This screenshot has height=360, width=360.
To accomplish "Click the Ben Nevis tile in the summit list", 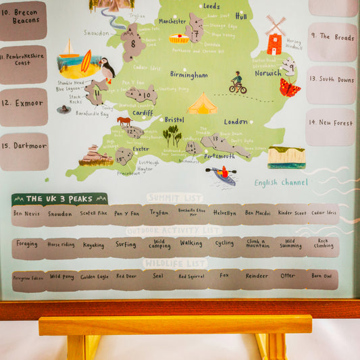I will [x=27, y=213].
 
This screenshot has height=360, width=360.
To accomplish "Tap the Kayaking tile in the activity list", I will [x=93, y=245].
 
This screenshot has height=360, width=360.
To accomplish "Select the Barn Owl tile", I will [x=322, y=276].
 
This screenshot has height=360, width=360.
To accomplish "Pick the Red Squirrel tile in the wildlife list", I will [x=192, y=276].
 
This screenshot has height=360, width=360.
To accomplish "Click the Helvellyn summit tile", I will [x=224, y=213].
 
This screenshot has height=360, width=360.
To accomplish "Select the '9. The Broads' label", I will [x=332, y=36].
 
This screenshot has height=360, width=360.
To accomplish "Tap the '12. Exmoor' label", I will [x=24, y=103].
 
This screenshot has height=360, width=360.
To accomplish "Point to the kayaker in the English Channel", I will [x=224, y=175].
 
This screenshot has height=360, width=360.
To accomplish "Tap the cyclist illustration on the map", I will [x=237, y=82].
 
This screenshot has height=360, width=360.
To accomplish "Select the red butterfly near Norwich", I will [x=290, y=88].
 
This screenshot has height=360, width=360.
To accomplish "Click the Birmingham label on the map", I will [x=188, y=75].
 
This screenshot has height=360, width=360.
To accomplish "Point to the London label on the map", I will [x=236, y=122].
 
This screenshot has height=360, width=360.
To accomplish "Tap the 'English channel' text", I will [x=281, y=182].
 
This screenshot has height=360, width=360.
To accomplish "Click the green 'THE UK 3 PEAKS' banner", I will [x=59, y=199].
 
